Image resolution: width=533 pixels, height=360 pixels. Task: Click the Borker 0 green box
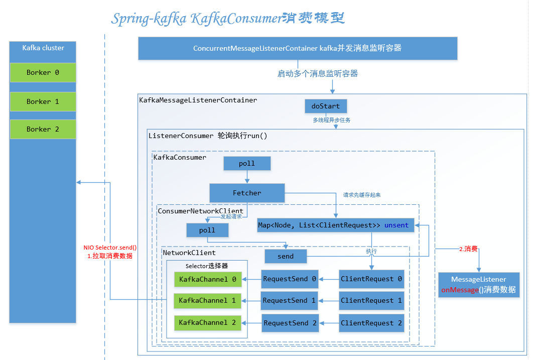click(43, 72)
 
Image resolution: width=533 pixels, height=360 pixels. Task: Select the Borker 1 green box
click(43, 101)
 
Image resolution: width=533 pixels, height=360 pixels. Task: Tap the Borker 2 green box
click(43, 129)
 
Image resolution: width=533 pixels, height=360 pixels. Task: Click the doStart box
click(326, 106)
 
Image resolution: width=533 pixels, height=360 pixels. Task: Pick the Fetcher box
click(247, 193)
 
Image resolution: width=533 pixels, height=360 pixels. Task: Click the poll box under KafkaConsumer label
click(247, 163)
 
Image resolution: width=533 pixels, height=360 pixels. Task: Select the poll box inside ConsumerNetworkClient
click(207, 230)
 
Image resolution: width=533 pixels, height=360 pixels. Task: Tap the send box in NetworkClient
click(286, 256)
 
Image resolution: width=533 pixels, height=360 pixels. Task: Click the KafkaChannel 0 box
click(207, 279)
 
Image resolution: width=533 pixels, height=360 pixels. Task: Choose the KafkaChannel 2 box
click(207, 322)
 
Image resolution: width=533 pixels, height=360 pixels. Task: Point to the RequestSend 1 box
click(290, 300)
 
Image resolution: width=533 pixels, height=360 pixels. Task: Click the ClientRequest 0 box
click(371, 279)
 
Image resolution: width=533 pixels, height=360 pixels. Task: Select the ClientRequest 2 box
click(371, 323)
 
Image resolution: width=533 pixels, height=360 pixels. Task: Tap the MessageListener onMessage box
click(478, 285)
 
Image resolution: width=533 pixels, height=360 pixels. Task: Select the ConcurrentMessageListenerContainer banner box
click(298, 48)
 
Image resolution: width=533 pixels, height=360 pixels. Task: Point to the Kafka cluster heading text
click(43, 48)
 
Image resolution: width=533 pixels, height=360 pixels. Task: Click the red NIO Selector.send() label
click(110, 248)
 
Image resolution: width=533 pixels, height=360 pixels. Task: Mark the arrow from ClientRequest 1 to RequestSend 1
click(329, 300)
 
